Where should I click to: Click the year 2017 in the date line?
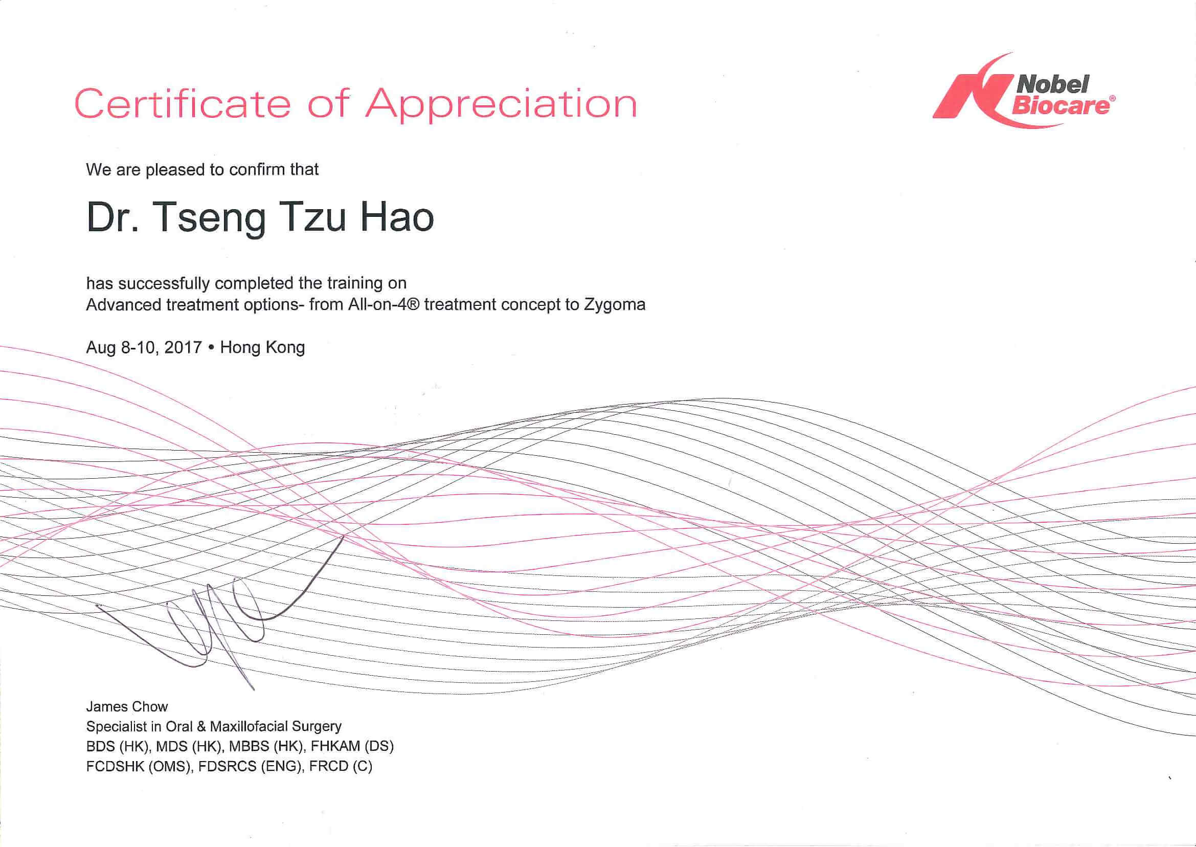tap(183, 347)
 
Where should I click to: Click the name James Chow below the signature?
tap(127, 707)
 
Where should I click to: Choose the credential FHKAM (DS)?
tap(352, 747)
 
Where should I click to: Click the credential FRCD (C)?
tap(341, 767)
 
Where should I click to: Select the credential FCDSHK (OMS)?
tap(139, 767)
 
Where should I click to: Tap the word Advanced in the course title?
tap(124, 305)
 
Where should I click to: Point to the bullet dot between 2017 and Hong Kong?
tap(211, 348)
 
